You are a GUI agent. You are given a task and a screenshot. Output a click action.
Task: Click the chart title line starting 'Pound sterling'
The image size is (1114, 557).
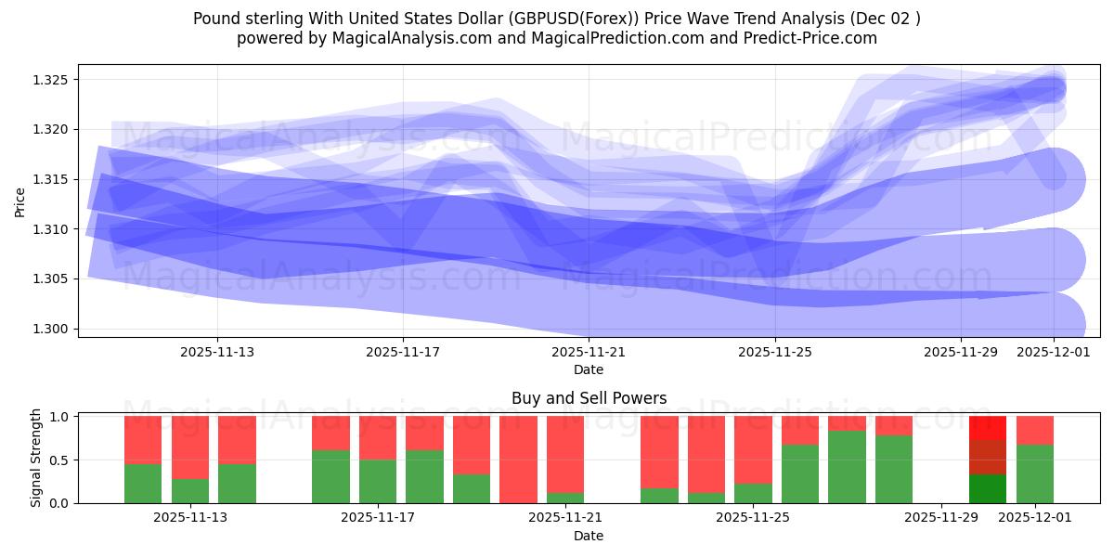[x=557, y=19]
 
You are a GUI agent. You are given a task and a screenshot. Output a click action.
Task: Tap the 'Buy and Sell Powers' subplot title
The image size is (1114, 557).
[x=589, y=398]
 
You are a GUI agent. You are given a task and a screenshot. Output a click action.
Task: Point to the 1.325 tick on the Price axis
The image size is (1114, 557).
[x=53, y=80]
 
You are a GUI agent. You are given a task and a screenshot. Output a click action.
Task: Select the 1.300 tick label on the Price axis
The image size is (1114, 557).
[x=53, y=329]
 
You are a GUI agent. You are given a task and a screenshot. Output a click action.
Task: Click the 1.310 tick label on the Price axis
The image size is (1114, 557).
[x=53, y=229]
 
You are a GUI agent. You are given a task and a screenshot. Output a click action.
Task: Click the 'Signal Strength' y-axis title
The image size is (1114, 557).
[x=36, y=458]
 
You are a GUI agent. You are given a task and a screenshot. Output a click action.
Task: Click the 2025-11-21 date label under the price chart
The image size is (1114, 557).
[x=589, y=352]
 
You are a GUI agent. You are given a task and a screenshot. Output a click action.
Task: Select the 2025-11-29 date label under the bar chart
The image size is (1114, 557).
[x=941, y=518]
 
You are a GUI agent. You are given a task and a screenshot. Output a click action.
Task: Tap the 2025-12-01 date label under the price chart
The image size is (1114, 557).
[x=1054, y=352]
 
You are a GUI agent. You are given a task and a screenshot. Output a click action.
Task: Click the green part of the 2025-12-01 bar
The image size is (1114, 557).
[x=1035, y=473]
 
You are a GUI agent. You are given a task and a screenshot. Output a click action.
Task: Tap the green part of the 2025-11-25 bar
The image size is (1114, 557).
[x=753, y=493]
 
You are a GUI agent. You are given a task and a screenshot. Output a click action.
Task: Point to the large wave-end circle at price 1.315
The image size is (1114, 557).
[x=1053, y=179]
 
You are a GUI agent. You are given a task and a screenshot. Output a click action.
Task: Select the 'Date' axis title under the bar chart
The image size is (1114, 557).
[x=589, y=536]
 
